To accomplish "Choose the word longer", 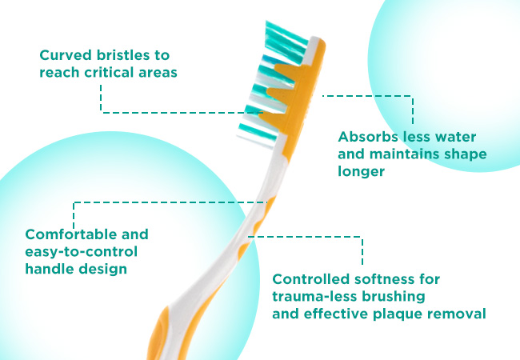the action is [361, 172].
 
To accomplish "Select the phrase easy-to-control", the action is [82, 252].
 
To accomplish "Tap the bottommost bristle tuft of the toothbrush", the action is [257, 135].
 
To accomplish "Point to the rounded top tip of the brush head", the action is [318, 41].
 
